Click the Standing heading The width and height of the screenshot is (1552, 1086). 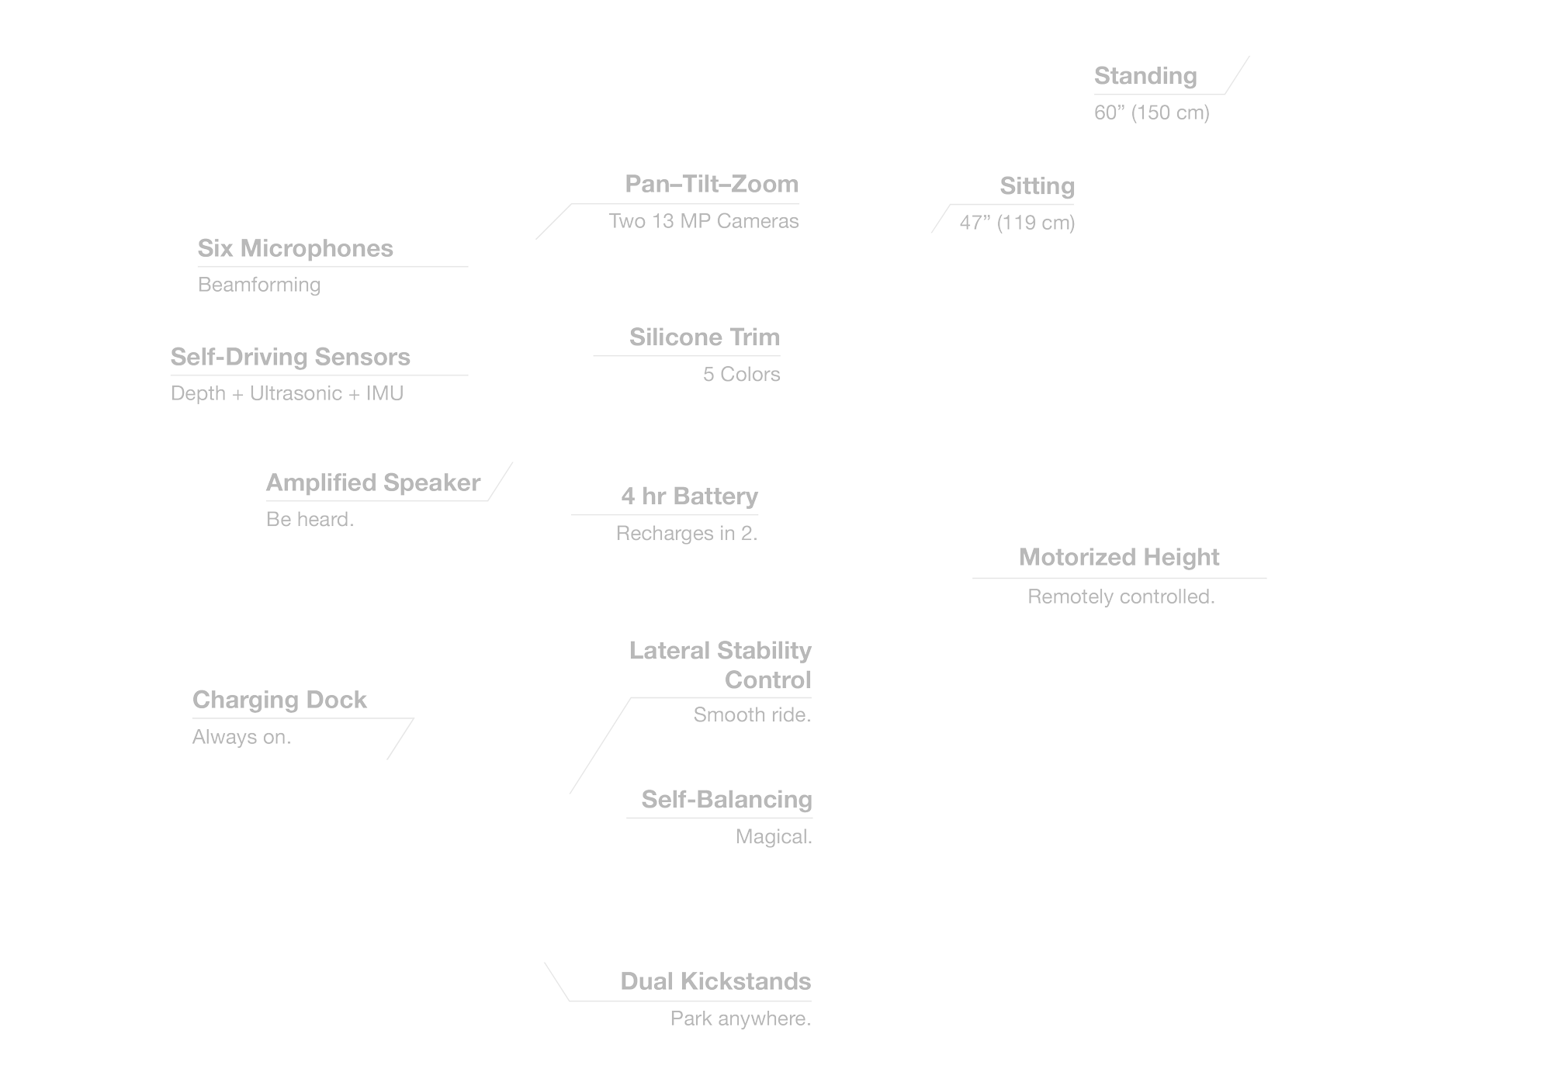pyautogui.click(x=1145, y=76)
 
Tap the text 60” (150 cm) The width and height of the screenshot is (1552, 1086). pyautogui.click(x=1152, y=112)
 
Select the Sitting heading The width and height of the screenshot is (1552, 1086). pyautogui.click(x=1037, y=186)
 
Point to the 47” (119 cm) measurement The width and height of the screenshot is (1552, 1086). pyautogui.click(x=1017, y=223)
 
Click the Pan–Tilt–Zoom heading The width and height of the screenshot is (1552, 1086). pyautogui.click(x=711, y=184)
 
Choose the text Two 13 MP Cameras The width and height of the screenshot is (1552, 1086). pyautogui.click(x=703, y=221)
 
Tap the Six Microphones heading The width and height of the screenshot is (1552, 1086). pyautogui.click(x=295, y=248)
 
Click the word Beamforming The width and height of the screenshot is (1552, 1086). pyautogui.click(x=259, y=285)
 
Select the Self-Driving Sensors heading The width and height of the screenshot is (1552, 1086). pyautogui.click(x=290, y=357)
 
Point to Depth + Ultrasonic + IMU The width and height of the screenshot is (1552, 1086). pyautogui.click(x=287, y=393)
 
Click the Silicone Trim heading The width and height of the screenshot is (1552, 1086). pyautogui.click(x=704, y=337)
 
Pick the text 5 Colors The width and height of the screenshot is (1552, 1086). pyautogui.click(x=741, y=374)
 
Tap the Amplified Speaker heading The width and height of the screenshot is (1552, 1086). pyautogui.click(x=373, y=482)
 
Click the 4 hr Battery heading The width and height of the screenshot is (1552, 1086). pyautogui.click(x=689, y=496)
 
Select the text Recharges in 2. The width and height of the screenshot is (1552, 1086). pyautogui.click(x=687, y=534)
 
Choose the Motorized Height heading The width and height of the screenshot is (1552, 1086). pyautogui.click(x=1119, y=557)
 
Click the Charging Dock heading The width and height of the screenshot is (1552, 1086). pyautogui.click(x=279, y=700)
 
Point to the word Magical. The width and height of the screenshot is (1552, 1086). pyautogui.click(x=774, y=837)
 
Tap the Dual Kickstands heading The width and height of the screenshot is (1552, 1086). pyautogui.click(x=715, y=981)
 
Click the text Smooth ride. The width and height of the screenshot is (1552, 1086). pyautogui.click(x=752, y=714)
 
